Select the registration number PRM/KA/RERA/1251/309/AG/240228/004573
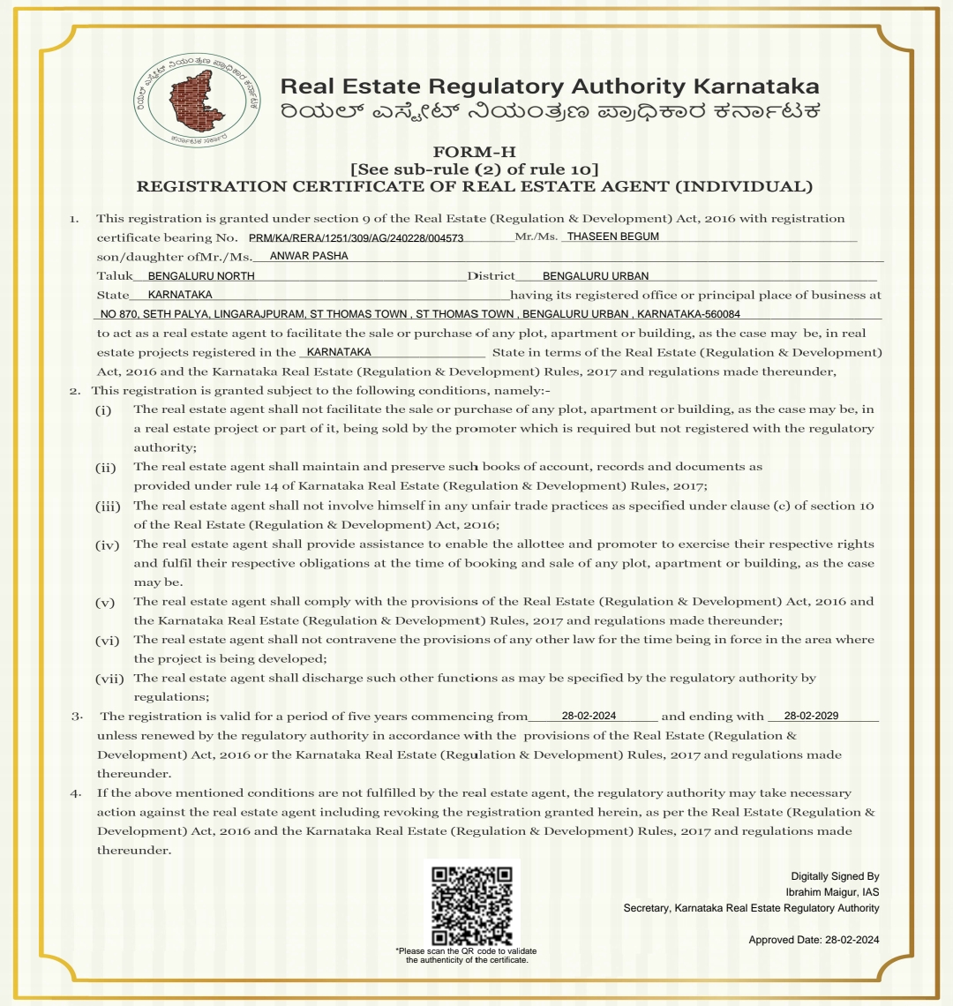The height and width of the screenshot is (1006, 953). (x=356, y=237)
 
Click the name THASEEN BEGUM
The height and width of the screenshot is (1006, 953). (x=612, y=236)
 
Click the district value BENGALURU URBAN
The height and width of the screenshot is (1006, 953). (x=595, y=276)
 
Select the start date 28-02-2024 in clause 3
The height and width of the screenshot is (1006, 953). (x=589, y=716)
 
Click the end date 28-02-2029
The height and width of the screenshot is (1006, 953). (x=810, y=716)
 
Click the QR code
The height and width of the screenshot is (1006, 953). (x=472, y=905)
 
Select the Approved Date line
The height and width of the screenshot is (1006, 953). (x=814, y=940)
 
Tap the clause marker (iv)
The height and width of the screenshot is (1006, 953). (x=107, y=544)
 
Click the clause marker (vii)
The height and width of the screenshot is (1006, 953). (x=109, y=679)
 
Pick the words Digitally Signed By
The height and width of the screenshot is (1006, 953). (x=835, y=876)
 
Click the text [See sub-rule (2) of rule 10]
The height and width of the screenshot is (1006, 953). (x=475, y=169)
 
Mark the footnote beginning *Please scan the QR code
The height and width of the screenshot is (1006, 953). (x=467, y=955)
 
